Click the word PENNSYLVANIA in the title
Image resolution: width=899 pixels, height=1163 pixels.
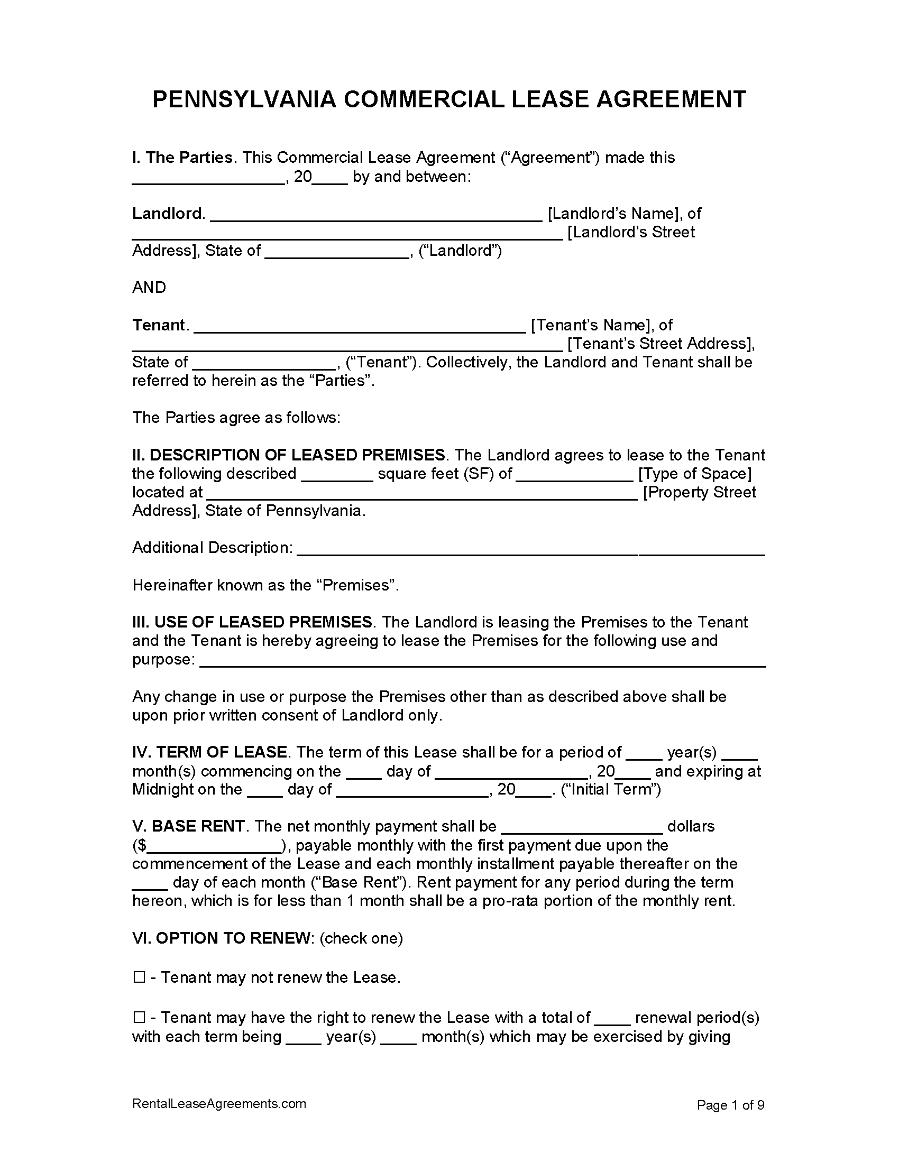pos(244,99)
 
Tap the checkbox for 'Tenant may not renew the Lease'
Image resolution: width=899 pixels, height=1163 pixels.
pos(139,977)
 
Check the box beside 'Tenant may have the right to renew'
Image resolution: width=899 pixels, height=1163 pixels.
pos(139,1018)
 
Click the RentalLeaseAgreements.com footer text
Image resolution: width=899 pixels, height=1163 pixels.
pos(219,1104)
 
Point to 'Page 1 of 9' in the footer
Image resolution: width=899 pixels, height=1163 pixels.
pos(730,1105)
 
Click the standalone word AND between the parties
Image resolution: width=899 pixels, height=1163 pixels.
pos(149,288)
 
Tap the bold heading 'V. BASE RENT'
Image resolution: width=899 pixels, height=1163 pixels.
pos(188,826)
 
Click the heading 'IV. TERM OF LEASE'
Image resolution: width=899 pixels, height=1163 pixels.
pos(209,752)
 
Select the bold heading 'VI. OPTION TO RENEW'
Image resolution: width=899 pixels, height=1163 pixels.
pos(222,938)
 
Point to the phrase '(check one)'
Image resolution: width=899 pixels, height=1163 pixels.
pos(361,938)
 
